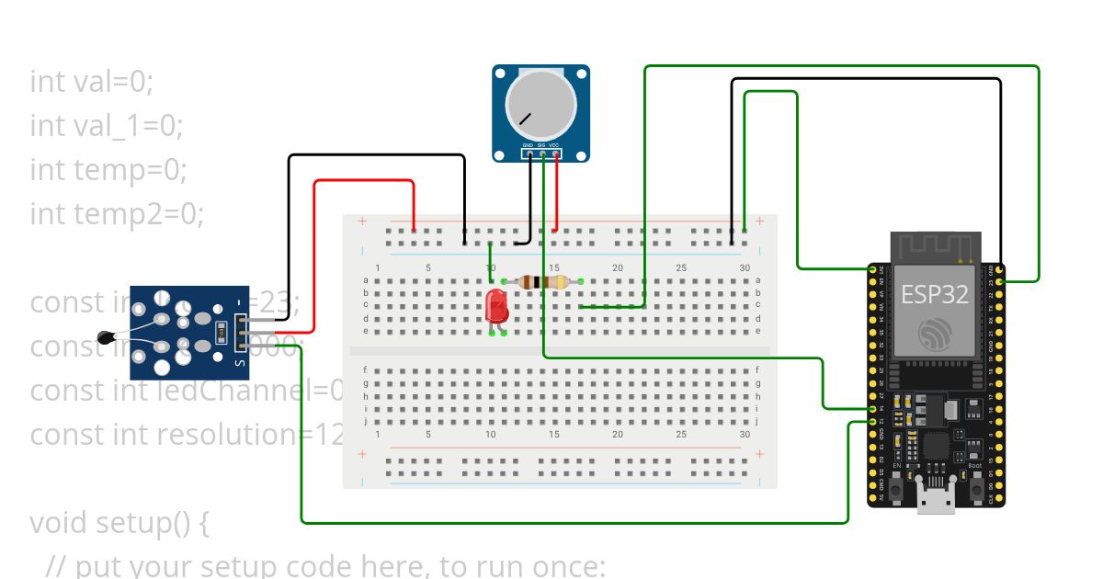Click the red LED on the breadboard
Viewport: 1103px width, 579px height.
click(496, 305)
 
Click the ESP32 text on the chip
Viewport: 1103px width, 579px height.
click(934, 295)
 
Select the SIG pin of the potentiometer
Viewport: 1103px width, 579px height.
click(542, 153)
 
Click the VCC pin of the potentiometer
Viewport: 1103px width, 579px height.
click(555, 153)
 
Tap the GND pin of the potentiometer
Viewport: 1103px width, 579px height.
click(529, 153)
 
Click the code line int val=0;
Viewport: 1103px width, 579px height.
click(92, 82)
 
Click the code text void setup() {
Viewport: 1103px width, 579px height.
click(120, 523)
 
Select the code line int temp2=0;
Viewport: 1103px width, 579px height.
click(117, 214)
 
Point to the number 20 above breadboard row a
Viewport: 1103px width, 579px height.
click(618, 267)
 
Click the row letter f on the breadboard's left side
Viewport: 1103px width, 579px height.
click(366, 369)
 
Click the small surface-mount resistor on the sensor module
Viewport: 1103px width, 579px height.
click(221, 332)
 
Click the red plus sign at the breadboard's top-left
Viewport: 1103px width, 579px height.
click(362, 221)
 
